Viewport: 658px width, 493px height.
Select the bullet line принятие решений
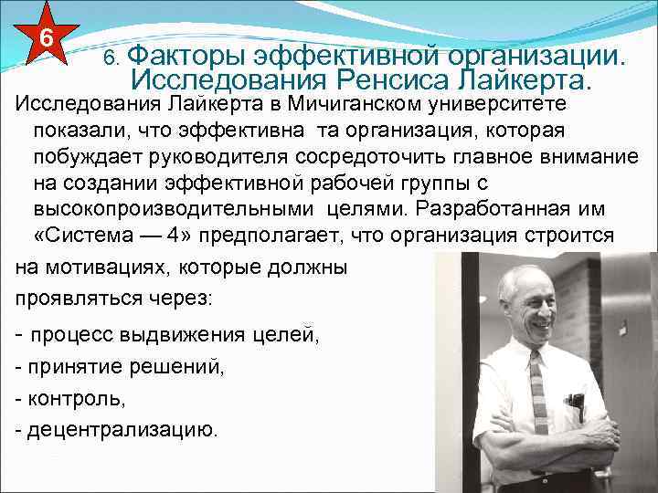click(119, 367)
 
